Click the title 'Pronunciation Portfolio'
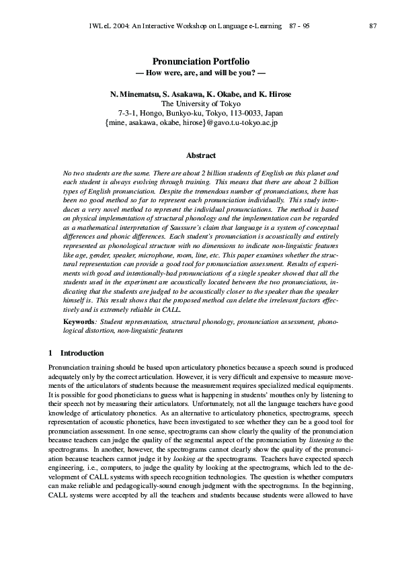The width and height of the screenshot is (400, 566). coord(200,61)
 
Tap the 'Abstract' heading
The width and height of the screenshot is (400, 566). coord(200,155)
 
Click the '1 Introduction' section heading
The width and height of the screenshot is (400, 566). coord(76,353)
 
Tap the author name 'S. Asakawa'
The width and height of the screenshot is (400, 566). coord(179,94)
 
